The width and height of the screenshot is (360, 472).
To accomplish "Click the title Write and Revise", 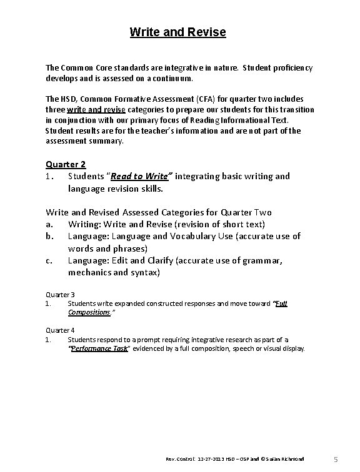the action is point(177,31).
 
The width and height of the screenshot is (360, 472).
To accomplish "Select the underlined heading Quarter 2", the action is point(66,164).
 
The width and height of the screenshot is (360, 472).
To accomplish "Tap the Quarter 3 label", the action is point(61,294).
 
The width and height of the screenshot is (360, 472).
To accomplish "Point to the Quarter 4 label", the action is point(61,330).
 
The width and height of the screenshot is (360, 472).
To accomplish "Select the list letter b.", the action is point(49,236).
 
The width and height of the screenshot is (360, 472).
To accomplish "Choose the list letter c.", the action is point(49,262).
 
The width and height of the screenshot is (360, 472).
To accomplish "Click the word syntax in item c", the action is point(145,273).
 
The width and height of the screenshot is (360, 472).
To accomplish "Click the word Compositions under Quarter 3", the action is point(89,312).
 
